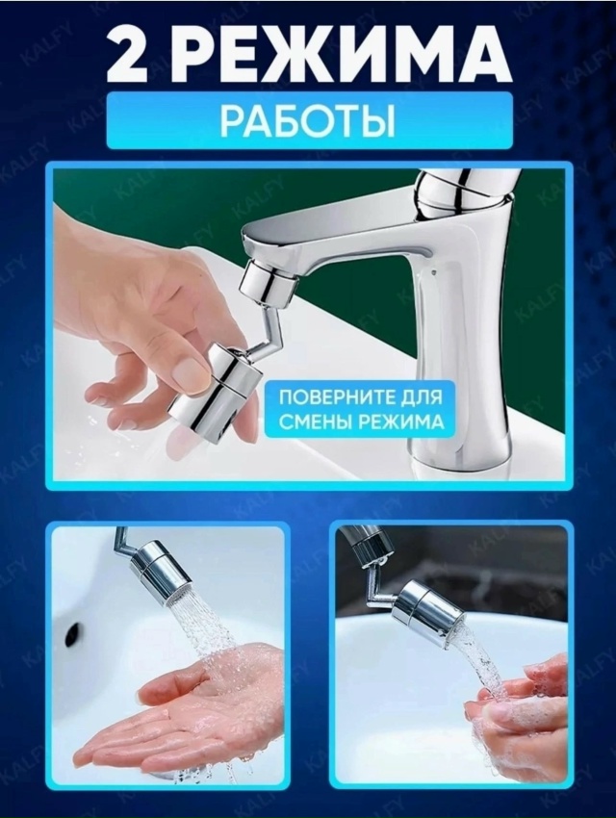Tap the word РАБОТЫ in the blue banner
point(307,123)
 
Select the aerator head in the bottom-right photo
point(425,604)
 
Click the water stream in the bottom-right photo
point(481,664)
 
